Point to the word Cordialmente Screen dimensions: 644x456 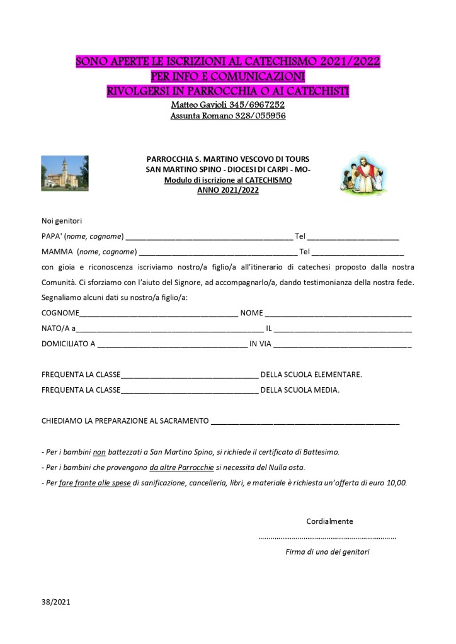(329, 521)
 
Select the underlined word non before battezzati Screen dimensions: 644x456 (98, 452)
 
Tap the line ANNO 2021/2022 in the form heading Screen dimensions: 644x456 (227, 188)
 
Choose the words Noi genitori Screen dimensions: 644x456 (62, 221)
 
